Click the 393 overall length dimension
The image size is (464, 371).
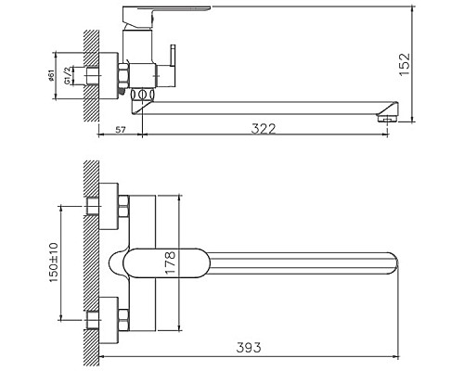pyautogui.click(x=250, y=348)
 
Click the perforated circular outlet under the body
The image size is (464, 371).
pyautogui.click(x=143, y=96)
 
